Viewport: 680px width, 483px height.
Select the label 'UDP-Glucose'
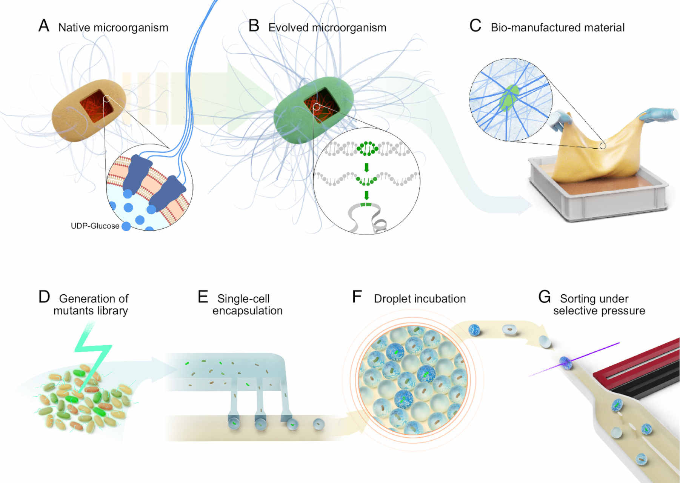[95, 226]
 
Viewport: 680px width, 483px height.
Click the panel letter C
[475, 26]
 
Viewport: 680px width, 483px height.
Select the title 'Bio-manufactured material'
[558, 28]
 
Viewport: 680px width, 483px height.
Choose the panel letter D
[44, 297]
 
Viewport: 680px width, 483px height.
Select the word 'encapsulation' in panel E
[248, 311]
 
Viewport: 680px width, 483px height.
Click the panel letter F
[357, 297]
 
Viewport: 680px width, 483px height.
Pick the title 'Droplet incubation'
[420, 298]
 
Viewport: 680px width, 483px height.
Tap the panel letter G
[545, 297]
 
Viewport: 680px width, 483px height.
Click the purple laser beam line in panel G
[574, 359]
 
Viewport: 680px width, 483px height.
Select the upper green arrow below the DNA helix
[366, 167]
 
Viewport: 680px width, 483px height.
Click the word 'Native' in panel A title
[74, 28]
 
